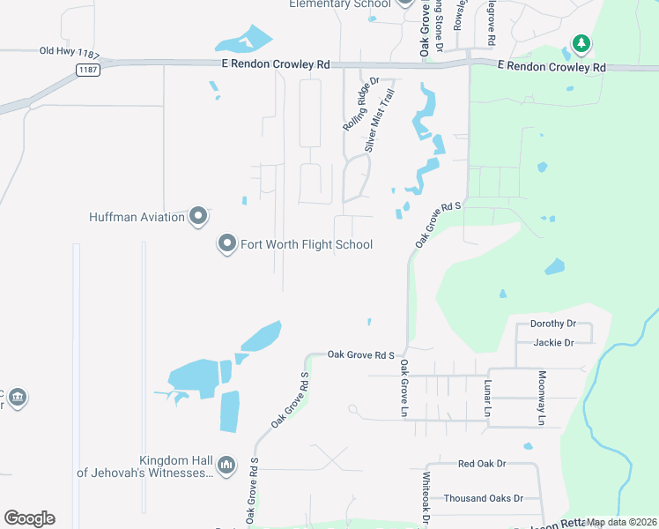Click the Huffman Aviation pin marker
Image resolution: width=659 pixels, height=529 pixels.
[x=197, y=216]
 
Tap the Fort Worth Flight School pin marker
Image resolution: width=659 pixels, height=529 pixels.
[x=226, y=244]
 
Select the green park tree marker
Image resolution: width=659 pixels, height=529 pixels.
[x=581, y=42]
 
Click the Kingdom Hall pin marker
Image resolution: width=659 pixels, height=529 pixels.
[x=226, y=464]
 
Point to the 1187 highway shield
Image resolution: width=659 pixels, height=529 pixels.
[x=86, y=69]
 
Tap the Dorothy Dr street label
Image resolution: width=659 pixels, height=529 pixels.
[x=552, y=324]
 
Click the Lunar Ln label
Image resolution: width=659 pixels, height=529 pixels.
[x=485, y=398]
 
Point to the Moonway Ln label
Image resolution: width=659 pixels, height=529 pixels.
[x=542, y=398]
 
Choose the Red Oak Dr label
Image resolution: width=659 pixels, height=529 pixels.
[x=482, y=463]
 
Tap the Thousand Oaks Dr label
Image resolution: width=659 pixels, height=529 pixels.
[x=483, y=498]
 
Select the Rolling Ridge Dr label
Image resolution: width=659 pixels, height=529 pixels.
[x=360, y=103]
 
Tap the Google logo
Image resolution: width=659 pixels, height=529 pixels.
[x=29, y=518]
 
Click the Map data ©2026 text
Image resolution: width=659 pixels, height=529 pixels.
[x=621, y=522]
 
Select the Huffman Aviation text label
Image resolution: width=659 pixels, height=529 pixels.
[x=137, y=216]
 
